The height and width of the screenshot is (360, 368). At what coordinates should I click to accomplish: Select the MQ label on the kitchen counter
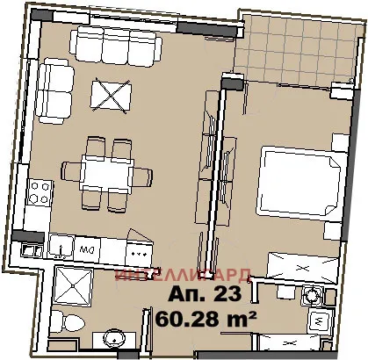point(87,249)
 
